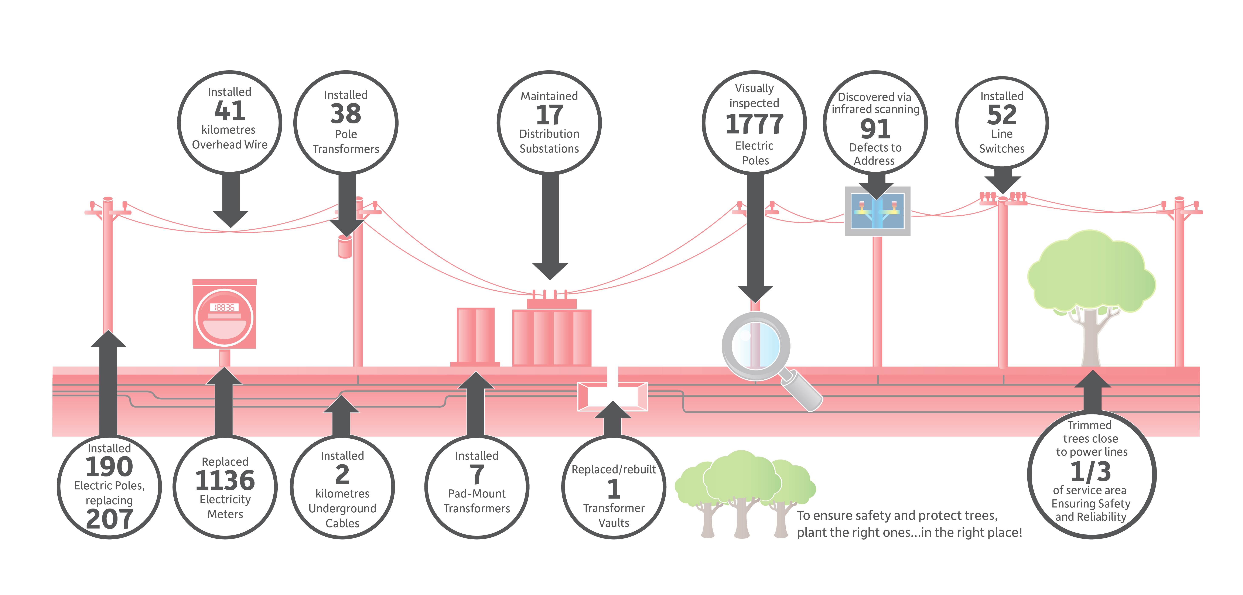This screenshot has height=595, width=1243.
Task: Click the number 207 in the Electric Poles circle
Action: (110, 519)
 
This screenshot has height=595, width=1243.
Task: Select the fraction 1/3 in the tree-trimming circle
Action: (1090, 471)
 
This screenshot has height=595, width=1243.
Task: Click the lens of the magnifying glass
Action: (756, 346)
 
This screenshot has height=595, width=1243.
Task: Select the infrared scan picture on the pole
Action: (877, 211)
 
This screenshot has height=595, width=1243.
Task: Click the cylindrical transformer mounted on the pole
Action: (345, 246)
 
